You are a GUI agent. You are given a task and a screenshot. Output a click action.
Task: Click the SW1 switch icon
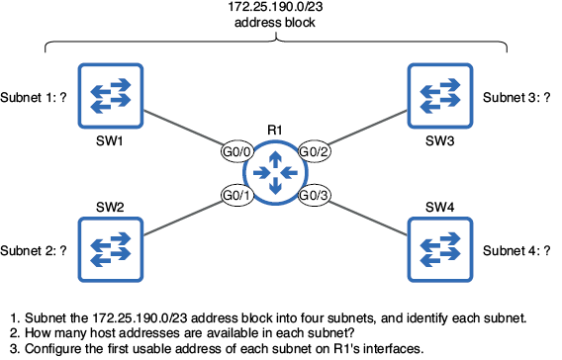click(111, 96)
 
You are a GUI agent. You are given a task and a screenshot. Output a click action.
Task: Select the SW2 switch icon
click(111, 249)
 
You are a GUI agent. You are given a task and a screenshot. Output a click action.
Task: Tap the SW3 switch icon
click(440, 96)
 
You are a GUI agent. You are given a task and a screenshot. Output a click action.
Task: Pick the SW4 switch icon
click(440, 249)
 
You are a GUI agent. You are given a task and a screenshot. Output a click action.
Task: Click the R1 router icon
click(275, 173)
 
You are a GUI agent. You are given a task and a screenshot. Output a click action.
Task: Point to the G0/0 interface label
click(236, 151)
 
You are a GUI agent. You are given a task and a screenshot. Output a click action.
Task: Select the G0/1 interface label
click(236, 195)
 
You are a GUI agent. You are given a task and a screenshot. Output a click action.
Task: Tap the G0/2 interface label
click(314, 151)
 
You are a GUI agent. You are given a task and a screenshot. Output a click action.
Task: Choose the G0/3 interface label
click(314, 195)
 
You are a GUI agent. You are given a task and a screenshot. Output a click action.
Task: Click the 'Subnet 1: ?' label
click(34, 98)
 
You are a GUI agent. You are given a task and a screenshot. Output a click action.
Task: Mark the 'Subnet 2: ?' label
click(34, 251)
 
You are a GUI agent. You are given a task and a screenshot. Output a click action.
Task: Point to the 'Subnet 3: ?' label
click(516, 98)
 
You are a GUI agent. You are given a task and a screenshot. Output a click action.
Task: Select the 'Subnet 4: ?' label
click(516, 251)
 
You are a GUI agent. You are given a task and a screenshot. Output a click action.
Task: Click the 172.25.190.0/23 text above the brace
click(275, 7)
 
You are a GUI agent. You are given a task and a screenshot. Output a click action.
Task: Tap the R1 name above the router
click(275, 130)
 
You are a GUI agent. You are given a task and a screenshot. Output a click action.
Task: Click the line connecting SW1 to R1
click(183, 128)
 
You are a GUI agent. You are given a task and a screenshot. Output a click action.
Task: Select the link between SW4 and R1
click(368, 219)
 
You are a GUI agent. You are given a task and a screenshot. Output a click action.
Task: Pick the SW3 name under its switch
click(439, 140)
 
